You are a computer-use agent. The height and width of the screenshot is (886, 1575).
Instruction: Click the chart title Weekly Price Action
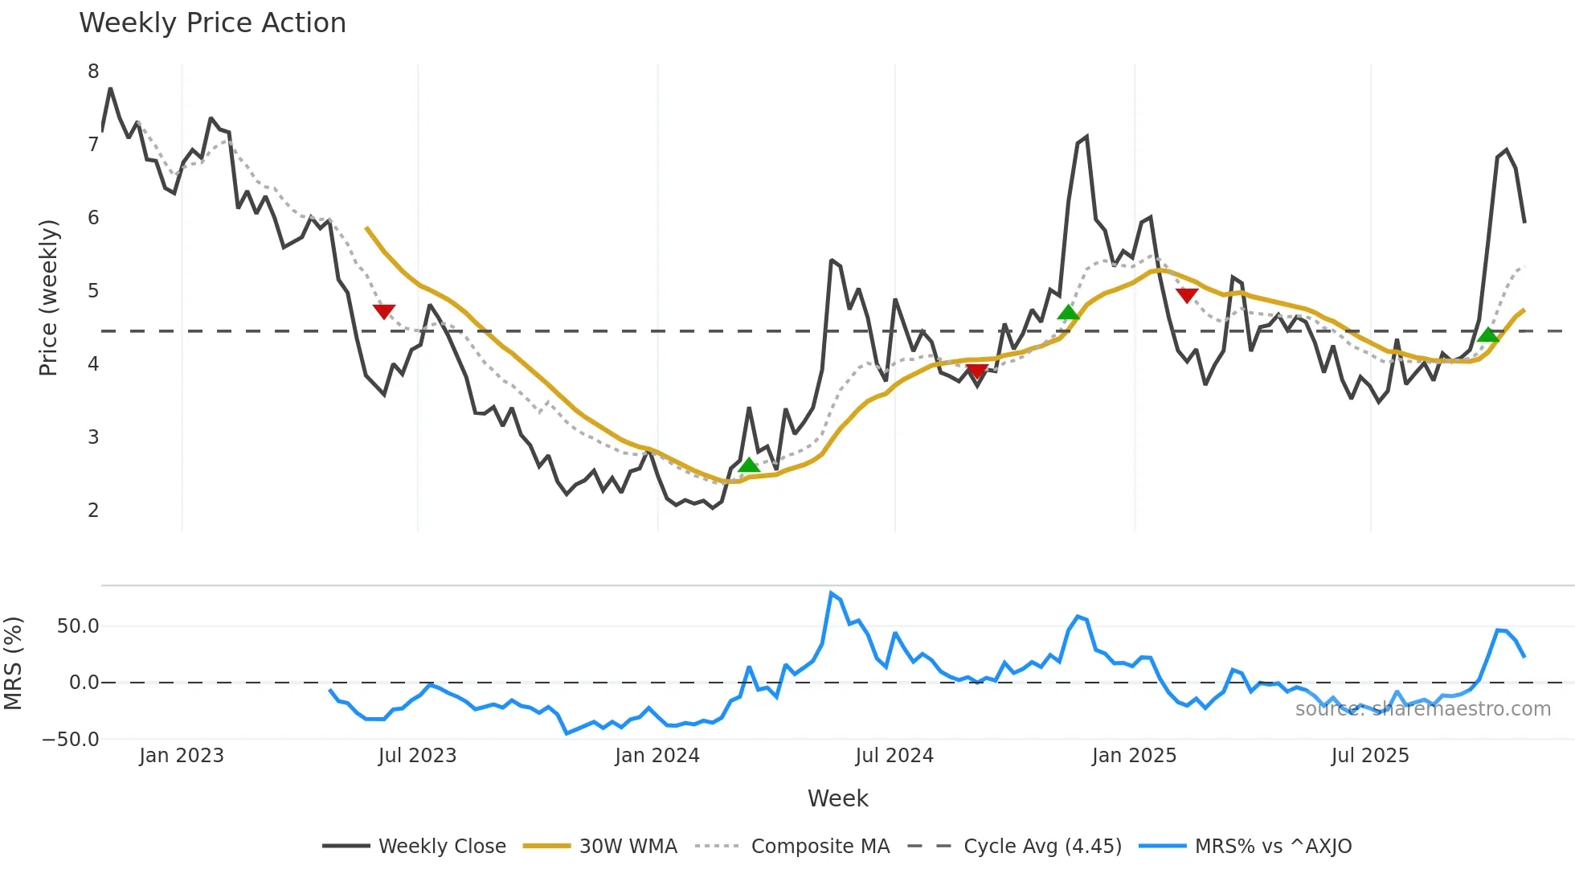click(x=212, y=23)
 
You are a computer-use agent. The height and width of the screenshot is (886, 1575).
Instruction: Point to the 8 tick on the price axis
click(x=93, y=72)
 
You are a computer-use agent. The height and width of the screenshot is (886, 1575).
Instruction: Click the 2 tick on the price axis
click(x=93, y=510)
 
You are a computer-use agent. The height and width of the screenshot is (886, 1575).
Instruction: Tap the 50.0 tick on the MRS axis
click(x=78, y=626)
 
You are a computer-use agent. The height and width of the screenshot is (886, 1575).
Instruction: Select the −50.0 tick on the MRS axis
click(x=72, y=740)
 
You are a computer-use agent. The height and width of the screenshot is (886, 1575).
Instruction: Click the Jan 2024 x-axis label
click(x=657, y=756)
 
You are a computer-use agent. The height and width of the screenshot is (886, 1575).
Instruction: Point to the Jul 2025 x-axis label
click(x=1370, y=756)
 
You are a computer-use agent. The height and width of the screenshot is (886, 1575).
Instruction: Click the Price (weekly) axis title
click(x=48, y=297)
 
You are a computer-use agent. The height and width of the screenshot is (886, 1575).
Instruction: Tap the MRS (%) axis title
click(x=13, y=663)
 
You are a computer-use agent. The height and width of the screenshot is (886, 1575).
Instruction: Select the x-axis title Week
click(x=837, y=798)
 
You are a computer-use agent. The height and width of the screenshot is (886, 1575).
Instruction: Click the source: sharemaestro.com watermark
click(x=1422, y=709)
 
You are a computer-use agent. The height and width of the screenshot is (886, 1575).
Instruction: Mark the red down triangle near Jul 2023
click(x=384, y=311)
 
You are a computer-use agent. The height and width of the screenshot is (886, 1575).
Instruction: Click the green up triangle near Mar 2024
click(x=749, y=465)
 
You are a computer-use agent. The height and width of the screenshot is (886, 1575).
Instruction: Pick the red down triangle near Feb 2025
click(x=1187, y=295)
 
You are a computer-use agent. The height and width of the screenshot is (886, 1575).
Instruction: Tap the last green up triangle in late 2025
click(x=1488, y=334)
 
